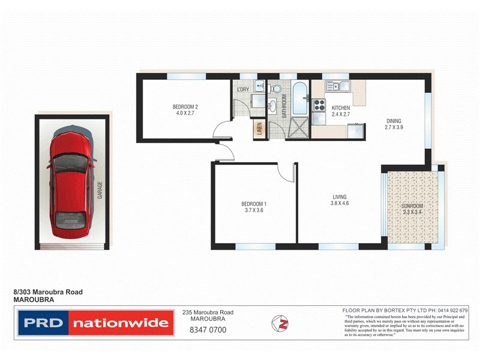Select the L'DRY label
(x=243, y=90)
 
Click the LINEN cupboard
(x=259, y=130)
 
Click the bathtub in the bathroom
(x=299, y=99)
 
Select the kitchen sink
(x=337, y=86)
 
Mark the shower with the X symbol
(x=298, y=128)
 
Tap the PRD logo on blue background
(x=42, y=323)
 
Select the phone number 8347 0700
(x=207, y=330)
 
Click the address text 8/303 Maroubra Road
(x=48, y=292)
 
